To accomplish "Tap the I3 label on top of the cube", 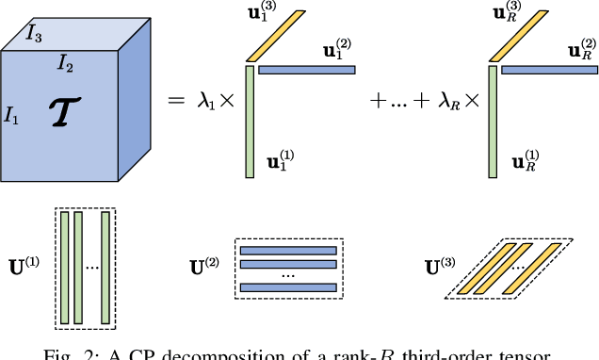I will [x=33, y=36].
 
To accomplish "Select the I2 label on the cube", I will [x=65, y=63].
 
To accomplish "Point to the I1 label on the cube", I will [x=12, y=118].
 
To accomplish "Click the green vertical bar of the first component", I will [x=250, y=121].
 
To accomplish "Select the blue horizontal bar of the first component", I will [x=307, y=70].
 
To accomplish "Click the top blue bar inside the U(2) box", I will [x=288, y=251].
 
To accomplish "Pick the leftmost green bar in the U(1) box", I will [x=64, y=254].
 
